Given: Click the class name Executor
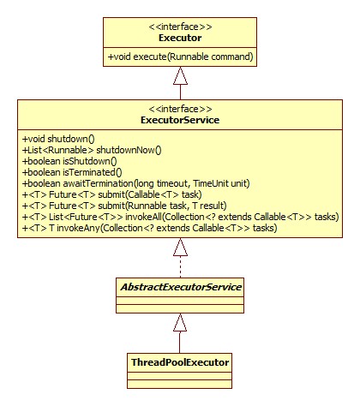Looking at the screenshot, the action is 180,38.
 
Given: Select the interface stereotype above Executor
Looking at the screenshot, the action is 180,27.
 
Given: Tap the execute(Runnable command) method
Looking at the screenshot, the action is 180,57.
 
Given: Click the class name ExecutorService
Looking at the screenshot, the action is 180,120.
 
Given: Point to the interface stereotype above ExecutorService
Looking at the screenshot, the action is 180,109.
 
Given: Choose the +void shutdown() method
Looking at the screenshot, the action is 58,139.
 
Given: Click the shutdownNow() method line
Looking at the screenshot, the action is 92,150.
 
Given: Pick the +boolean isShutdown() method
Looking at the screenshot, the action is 69,161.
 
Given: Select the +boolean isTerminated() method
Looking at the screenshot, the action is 72,172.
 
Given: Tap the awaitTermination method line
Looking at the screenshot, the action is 136,183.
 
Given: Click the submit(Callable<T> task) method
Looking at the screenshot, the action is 112,194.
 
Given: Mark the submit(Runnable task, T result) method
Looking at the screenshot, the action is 124,206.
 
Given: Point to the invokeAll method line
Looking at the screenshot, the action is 180,217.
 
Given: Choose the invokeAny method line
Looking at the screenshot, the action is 149,228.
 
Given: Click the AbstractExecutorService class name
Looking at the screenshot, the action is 181,287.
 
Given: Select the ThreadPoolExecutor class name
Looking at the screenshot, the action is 180,362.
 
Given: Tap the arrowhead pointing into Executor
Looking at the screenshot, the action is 180,76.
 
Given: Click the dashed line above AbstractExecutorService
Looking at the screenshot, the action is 180,266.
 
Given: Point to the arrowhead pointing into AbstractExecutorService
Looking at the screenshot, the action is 180,322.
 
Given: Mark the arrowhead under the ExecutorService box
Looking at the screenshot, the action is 180,247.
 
